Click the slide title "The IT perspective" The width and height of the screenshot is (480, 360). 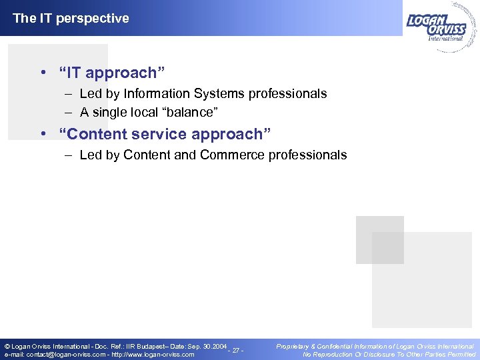tap(71, 18)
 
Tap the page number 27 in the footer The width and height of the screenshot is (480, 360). tap(235, 351)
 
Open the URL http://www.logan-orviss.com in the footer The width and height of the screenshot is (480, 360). tap(153, 355)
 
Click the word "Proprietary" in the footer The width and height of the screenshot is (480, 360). tap(295, 346)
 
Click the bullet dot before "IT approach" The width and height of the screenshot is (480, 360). tap(42, 72)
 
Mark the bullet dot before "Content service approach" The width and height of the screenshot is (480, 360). tap(42, 134)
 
